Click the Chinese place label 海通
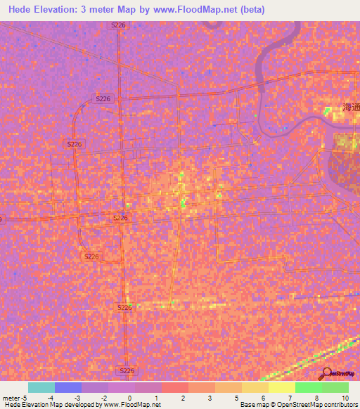click(350, 108)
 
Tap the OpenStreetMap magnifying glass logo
click(326, 373)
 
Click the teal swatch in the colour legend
click(41, 387)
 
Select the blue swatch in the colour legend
click(67, 387)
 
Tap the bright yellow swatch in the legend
click(281, 387)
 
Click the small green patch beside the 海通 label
click(328, 110)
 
